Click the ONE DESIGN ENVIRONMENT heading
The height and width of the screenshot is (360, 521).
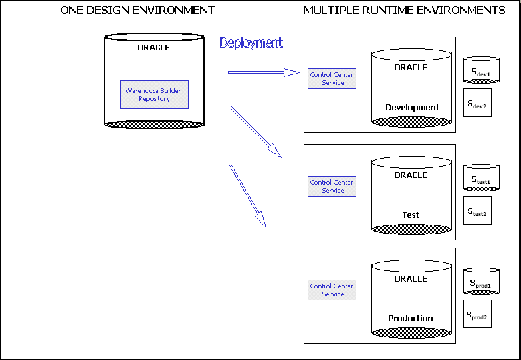pyautogui.click(x=138, y=10)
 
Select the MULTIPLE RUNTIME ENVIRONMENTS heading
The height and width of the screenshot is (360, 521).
pyautogui.click(x=404, y=10)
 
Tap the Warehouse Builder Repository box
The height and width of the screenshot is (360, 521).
pyautogui.click(x=154, y=94)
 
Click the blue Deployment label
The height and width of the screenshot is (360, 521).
pyautogui.click(x=251, y=43)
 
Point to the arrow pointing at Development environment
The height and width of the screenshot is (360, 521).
pyautogui.click(x=264, y=72)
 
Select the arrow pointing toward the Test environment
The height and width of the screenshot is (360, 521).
pyautogui.click(x=256, y=132)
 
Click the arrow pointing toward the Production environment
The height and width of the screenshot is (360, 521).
pyautogui.click(x=248, y=195)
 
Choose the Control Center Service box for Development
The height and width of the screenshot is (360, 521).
pyautogui.click(x=332, y=78)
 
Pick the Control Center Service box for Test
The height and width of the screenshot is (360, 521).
pyautogui.click(x=332, y=186)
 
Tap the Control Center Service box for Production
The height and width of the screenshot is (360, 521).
pyautogui.click(x=332, y=290)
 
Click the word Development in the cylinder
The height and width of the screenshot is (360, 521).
pyautogui.click(x=412, y=107)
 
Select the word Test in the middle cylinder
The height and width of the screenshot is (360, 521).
pyautogui.click(x=411, y=215)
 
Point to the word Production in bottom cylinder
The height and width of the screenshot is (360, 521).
pyautogui.click(x=411, y=318)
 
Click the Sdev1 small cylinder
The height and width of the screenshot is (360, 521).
pyautogui.click(x=480, y=71)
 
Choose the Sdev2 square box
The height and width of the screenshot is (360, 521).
pyautogui.click(x=477, y=103)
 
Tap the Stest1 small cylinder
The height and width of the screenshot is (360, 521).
pyautogui.click(x=480, y=179)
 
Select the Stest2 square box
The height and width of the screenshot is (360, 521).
pyautogui.click(x=477, y=211)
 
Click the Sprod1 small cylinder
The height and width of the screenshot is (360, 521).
pyautogui.click(x=480, y=282)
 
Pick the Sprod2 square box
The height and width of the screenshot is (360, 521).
pyautogui.click(x=477, y=314)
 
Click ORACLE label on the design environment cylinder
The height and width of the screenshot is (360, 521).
pyautogui.click(x=154, y=47)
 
